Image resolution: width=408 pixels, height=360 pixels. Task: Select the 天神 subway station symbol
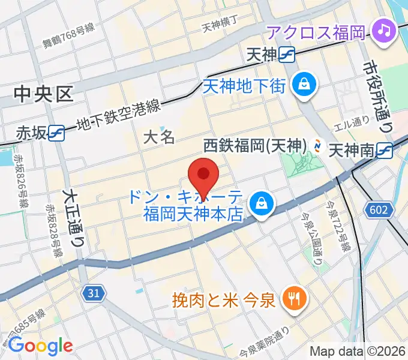point(287,55)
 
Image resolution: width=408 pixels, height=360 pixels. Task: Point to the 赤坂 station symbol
point(57,133)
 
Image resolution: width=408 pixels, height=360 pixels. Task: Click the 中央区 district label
point(44,93)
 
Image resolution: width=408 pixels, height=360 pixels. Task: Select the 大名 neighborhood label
point(159,137)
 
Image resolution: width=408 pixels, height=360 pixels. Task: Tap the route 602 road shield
point(379,209)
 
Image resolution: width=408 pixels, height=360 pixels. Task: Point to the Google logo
point(40,346)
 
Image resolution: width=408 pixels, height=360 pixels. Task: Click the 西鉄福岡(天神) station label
point(256,146)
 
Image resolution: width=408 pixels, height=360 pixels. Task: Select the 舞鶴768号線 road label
point(68,36)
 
